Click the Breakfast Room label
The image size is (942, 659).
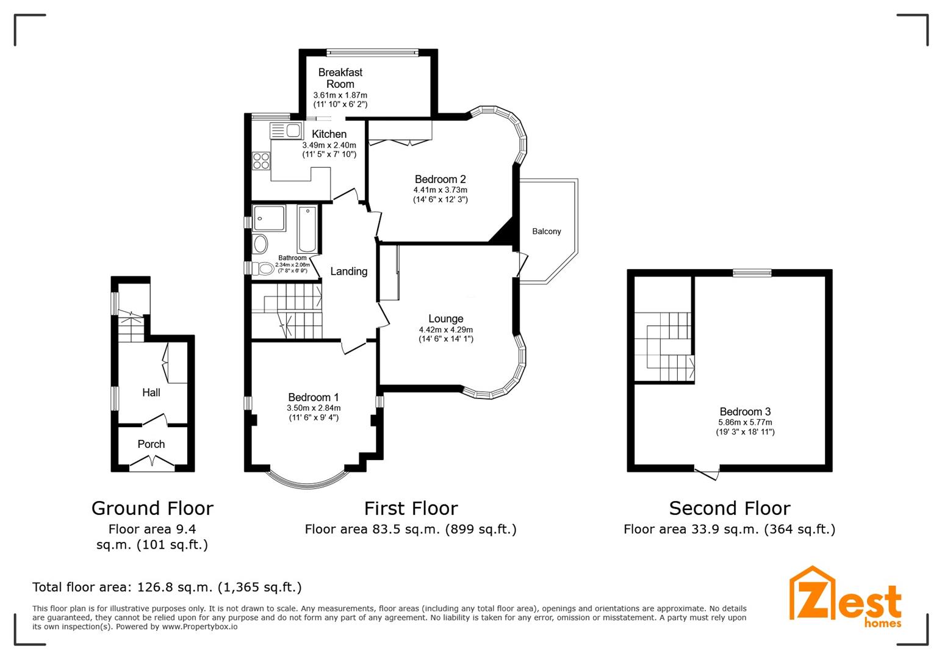click(x=340, y=78)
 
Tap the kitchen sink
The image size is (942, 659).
click(x=286, y=130)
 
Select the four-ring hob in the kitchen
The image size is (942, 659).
click(x=262, y=160)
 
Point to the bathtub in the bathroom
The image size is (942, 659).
click(x=307, y=229)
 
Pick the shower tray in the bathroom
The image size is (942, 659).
click(x=270, y=218)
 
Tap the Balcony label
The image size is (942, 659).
click(x=546, y=231)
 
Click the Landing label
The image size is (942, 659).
click(x=348, y=272)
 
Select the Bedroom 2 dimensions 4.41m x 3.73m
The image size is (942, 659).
click(x=440, y=190)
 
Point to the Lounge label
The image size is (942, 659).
click(x=445, y=319)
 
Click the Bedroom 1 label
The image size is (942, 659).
click(x=314, y=397)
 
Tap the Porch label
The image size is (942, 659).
click(x=151, y=444)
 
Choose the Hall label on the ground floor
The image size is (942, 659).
click(x=151, y=392)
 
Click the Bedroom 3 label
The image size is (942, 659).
click(x=744, y=411)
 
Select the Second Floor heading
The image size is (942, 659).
click(x=729, y=508)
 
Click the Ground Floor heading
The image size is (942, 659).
click(x=152, y=508)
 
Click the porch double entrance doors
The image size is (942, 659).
click(x=152, y=466)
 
